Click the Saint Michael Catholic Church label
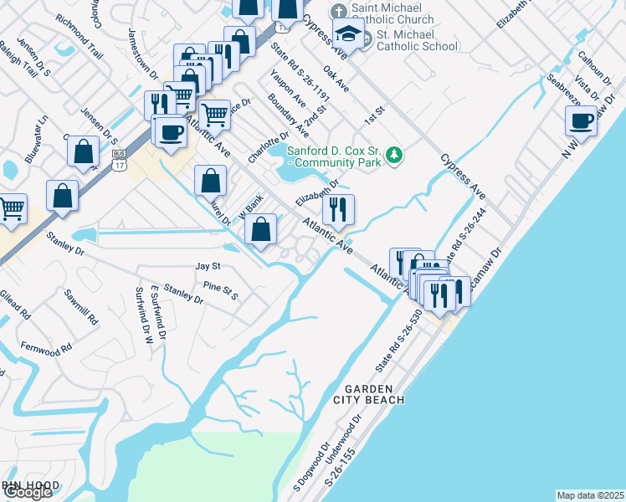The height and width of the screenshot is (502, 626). point(393,13)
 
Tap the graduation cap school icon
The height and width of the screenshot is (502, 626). point(347,34)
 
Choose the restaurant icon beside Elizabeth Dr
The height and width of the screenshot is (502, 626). point(338,209)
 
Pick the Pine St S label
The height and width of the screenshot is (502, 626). point(221,291)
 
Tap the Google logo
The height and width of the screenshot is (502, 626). point(28,493)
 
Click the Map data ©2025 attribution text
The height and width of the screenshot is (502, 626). point(589,495)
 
